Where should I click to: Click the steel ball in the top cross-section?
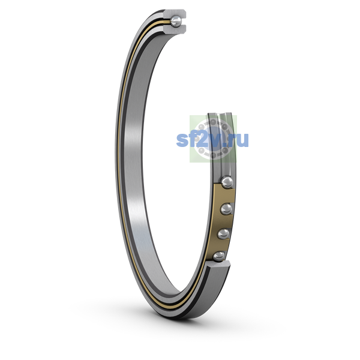[176, 22]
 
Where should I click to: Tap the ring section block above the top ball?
[175, 13]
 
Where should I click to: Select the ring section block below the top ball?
[175, 29]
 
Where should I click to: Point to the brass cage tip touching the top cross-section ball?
[168, 22]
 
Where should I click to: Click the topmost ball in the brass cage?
[227, 182]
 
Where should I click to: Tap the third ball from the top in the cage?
[223, 234]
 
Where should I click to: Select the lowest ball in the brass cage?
[219, 256]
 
